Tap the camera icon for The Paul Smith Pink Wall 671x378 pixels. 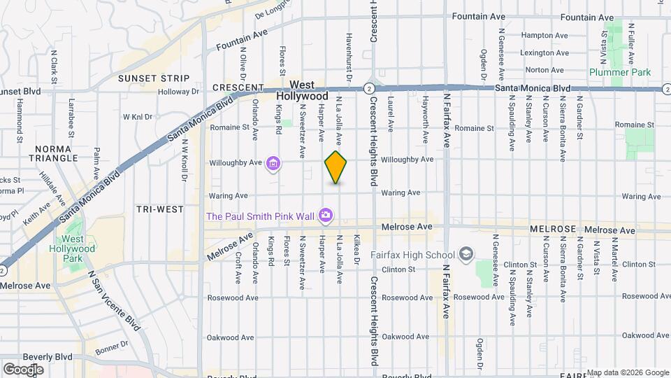point(325,216)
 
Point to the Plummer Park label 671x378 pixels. point(619,72)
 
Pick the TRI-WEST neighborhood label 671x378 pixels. point(160,209)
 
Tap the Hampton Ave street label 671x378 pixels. point(547,34)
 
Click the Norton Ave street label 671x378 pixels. point(544,70)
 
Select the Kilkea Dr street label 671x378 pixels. point(356,248)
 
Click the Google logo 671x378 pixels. point(23,369)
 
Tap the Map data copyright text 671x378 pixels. point(628,372)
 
